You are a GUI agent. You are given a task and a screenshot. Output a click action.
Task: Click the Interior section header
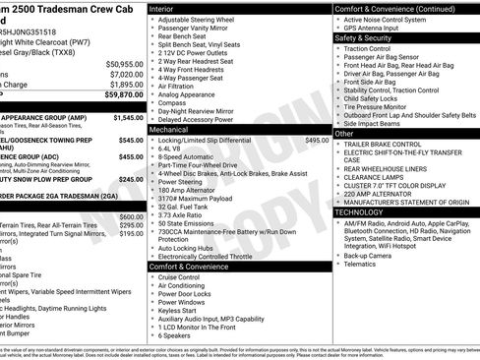[x=162, y=8]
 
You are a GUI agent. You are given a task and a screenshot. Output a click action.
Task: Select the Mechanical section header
[x=170, y=129]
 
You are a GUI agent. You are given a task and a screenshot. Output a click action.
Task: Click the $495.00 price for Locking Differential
[x=317, y=141]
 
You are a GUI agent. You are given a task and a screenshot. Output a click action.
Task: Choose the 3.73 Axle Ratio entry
[x=187, y=213]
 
